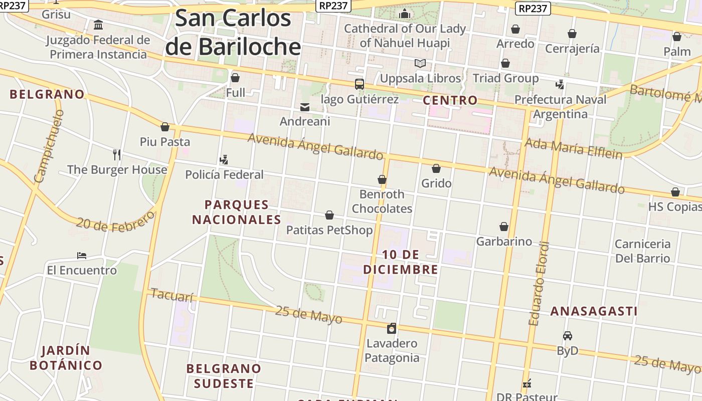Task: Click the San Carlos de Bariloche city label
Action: coord(233,33)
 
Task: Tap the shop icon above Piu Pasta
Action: coord(165,127)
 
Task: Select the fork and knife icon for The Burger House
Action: coord(117,154)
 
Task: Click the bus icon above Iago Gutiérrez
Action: coord(360,84)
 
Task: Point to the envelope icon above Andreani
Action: coord(304,107)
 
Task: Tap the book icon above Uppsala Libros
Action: coord(420,64)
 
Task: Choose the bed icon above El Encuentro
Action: coord(82,256)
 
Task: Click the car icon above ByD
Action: coord(568,336)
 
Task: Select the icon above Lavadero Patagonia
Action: coord(392,328)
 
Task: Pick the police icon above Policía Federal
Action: coord(224,160)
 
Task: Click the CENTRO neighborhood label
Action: coord(450,100)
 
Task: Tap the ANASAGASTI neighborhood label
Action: coord(594,311)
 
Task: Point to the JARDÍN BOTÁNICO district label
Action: coord(66,358)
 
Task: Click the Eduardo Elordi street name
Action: coord(539,284)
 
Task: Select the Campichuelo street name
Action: coord(49,146)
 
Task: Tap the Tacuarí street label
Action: coord(171,296)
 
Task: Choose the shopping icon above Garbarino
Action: coord(504,227)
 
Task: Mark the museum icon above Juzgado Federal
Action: coord(99,25)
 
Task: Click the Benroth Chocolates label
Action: coord(382,201)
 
